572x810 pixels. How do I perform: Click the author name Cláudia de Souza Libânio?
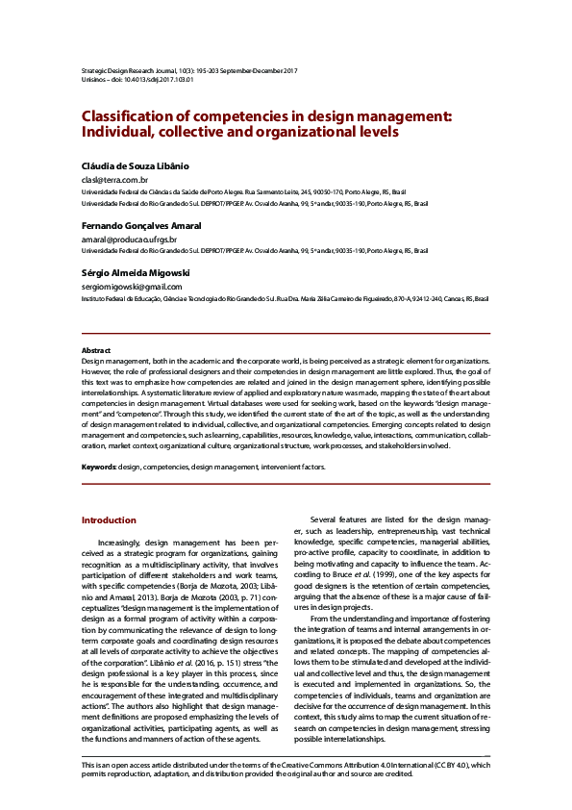pos(135,165)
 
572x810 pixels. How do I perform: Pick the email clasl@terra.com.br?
pos(114,180)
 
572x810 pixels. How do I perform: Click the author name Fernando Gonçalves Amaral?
pos(141,225)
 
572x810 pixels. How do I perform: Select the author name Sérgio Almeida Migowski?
pos(136,272)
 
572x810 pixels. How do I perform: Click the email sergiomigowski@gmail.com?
pos(132,286)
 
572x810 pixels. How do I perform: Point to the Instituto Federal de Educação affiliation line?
pos(285,299)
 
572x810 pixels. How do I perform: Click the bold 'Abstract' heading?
pos(96,350)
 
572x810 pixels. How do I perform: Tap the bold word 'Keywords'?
pos(98,466)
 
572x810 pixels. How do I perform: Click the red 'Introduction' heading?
pos(109,520)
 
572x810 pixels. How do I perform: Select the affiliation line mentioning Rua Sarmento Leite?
pos(257,192)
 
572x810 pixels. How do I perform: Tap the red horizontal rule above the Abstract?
pos(286,334)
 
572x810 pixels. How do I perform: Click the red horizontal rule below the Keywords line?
pos(286,483)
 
